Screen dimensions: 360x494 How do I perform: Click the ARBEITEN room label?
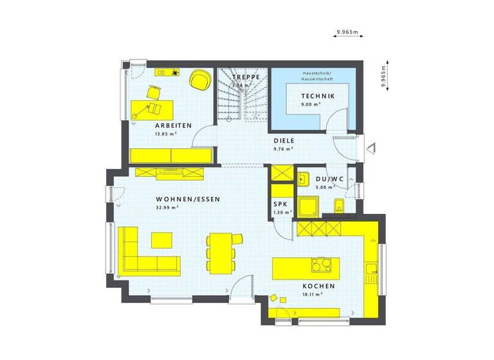point(173,125)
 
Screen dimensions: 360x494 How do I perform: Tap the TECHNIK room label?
point(318,96)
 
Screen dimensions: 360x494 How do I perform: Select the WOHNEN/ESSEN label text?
point(188,199)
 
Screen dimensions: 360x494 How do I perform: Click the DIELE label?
point(284,139)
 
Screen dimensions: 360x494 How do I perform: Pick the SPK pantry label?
point(281,203)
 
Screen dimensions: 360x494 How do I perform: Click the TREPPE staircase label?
point(247,76)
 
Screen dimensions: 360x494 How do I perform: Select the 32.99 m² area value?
point(167,208)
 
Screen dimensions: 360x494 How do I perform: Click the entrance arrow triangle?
point(370,148)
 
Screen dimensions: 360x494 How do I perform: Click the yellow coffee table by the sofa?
point(162,239)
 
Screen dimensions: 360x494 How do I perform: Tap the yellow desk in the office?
point(149,107)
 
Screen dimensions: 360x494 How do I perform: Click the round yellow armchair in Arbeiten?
point(200,79)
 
